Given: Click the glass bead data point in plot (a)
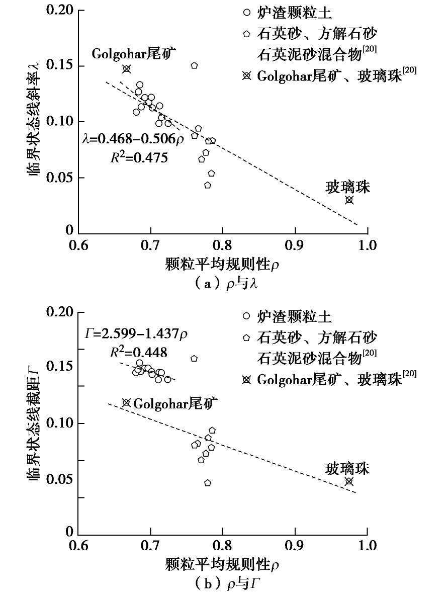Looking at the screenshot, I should pos(349,200).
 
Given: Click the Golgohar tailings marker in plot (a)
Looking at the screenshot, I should pos(127,69).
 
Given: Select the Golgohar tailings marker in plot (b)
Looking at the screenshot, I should pos(126,403).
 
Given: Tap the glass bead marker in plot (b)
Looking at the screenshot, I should pos(349,481).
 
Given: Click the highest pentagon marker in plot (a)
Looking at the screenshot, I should pos(194,66).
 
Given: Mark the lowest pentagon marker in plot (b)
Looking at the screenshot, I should pos(208,483).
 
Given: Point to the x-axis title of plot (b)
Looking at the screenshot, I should pos(222,566).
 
